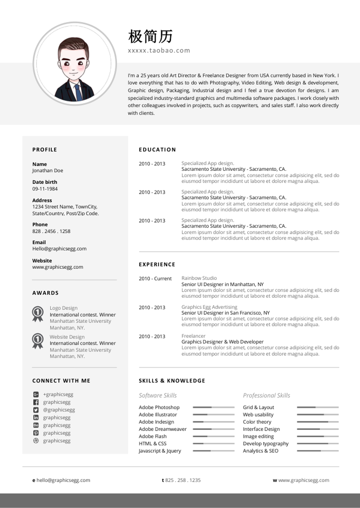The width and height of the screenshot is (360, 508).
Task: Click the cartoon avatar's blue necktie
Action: [x=78, y=92]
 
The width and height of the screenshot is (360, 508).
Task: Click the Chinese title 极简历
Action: [x=150, y=36]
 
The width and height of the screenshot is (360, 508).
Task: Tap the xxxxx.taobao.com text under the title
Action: [x=159, y=50]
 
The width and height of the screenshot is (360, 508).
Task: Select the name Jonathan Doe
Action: [x=48, y=171]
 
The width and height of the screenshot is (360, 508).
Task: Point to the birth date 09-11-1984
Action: [x=45, y=189]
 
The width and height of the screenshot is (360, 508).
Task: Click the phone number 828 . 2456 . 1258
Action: [x=51, y=231]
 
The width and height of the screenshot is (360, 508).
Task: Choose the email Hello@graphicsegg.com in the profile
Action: [x=59, y=249]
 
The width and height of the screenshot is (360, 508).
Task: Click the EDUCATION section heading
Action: [x=157, y=150]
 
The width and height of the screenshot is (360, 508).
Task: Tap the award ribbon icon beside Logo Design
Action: [x=38, y=314]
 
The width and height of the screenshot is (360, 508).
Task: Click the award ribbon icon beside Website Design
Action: [x=38, y=341]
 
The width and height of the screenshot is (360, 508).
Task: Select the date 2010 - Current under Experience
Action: [x=155, y=279]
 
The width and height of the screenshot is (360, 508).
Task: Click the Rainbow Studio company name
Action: [x=199, y=278]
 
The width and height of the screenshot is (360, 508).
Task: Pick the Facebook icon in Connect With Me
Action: [x=36, y=402]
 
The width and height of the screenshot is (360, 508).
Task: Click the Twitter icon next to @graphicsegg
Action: [x=36, y=410]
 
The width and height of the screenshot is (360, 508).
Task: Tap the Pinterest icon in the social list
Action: [x=36, y=433]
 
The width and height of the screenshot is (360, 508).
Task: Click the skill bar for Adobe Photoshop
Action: [x=214, y=407]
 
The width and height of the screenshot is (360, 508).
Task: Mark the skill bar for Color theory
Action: [x=318, y=422]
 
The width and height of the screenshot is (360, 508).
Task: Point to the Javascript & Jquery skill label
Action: [x=160, y=451]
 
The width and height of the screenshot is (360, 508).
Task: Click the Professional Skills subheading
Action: [x=266, y=396]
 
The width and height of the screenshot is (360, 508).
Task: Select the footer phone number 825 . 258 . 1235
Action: [x=181, y=480]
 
